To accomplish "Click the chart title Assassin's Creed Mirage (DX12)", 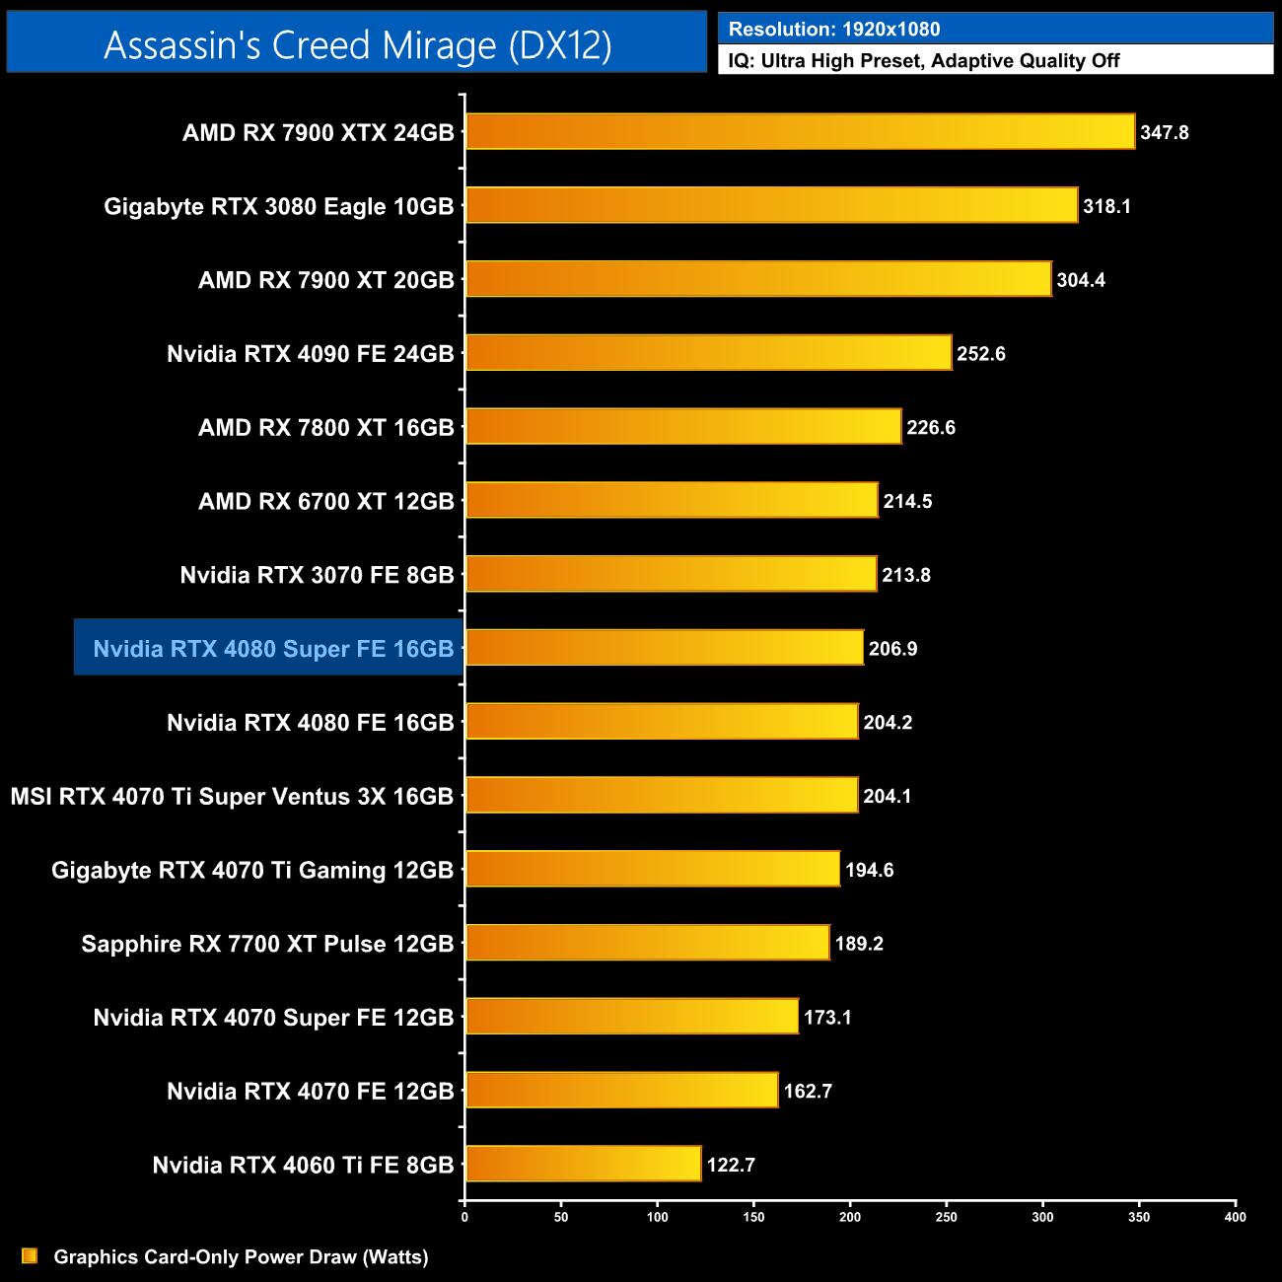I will (357, 45).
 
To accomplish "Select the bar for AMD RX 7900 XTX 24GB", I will (800, 132).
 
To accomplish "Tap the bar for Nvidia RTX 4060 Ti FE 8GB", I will (583, 1165).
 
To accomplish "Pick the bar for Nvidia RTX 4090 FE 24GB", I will (708, 353).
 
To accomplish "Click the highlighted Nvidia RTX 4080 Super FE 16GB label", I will (273, 649).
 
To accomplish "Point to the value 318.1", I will (1106, 206).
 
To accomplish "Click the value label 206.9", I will (892, 649).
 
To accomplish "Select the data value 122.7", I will (731, 1165).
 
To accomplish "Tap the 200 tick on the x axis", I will (850, 1217).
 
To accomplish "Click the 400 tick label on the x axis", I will (1235, 1217).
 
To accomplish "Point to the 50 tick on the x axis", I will (561, 1217).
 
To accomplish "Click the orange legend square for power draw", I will (30, 1255).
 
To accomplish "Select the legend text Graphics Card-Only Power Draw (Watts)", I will (241, 1256).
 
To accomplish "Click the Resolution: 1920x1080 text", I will (834, 30).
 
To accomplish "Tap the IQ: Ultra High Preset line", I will (924, 61).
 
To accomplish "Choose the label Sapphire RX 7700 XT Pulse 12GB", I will (267, 944).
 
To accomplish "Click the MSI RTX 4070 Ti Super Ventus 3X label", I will (232, 796).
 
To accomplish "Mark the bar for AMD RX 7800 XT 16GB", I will (683, 427).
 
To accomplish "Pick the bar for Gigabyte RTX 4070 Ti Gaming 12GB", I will (653, 870).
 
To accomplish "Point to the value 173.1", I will (827, 1017).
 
